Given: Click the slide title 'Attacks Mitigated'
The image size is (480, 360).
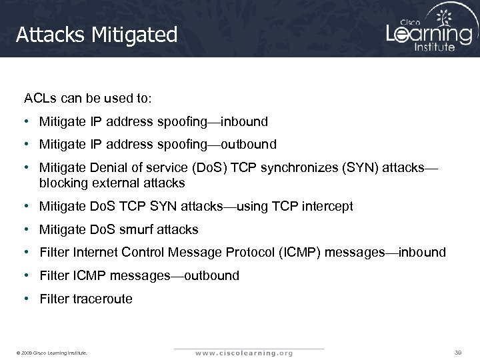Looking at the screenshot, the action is (x=97, y=35).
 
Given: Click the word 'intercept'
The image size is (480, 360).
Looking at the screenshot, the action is (x=329, y=207).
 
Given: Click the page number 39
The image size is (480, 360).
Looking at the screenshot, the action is (x=458, y=351).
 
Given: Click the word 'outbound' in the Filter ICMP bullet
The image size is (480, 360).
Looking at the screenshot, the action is (x=211, y=275).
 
